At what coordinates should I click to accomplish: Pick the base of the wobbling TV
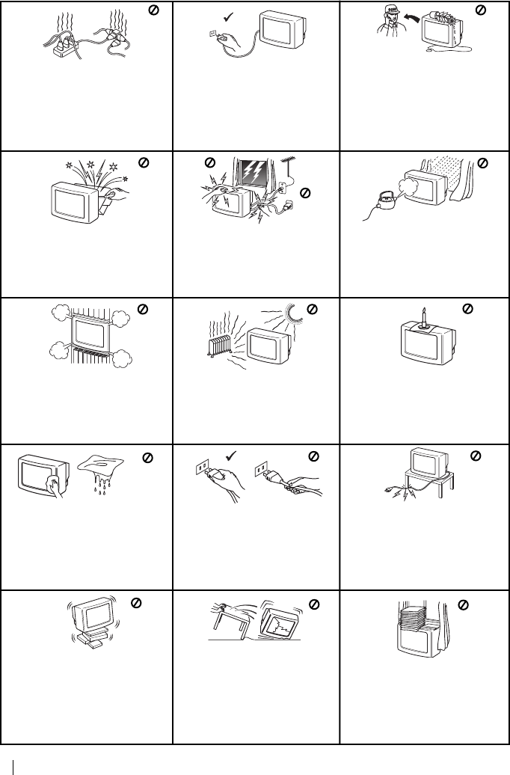tap(88, 641)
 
